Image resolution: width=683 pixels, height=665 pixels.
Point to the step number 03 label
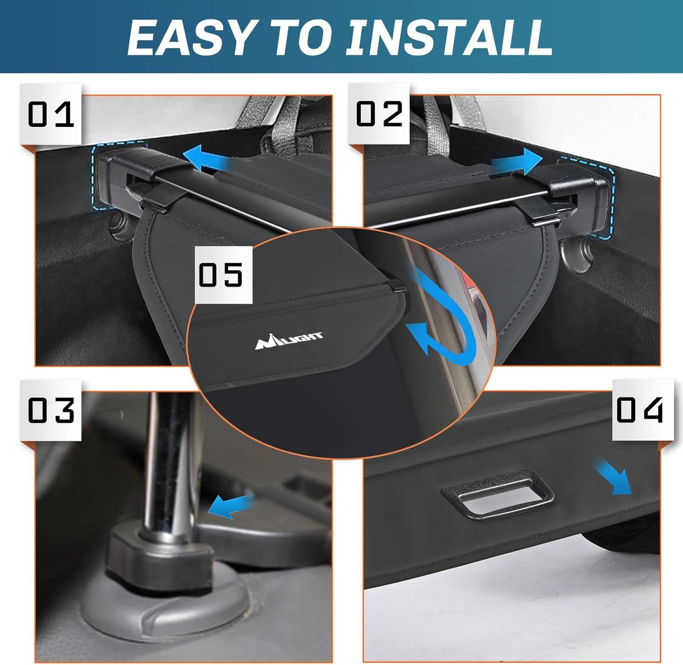point(51,410)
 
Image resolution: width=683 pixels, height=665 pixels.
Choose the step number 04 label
point(640,410)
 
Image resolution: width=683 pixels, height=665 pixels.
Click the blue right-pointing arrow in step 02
point(516,162)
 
